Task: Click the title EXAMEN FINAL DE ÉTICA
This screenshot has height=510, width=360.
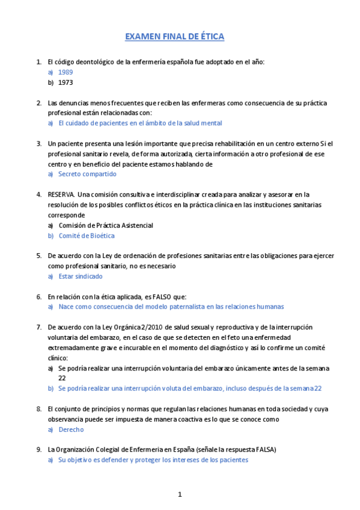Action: (174, 37)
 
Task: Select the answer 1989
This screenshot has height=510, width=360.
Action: (66, 72)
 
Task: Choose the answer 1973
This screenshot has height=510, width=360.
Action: (66, 82)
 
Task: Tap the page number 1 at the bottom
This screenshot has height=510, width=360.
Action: (179, 494)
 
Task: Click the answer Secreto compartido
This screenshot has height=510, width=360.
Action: (87, 174)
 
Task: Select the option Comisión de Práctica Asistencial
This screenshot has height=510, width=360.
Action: (105, 226)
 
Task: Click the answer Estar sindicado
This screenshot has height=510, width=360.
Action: (81, 277)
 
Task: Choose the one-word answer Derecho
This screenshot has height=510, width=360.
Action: (71, 429)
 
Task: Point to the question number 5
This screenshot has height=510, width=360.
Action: (38, 256)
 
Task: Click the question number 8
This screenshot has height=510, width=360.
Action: (38, 409)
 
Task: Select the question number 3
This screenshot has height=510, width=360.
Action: (38, 144)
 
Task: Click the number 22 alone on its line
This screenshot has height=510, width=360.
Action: (63, 378)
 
